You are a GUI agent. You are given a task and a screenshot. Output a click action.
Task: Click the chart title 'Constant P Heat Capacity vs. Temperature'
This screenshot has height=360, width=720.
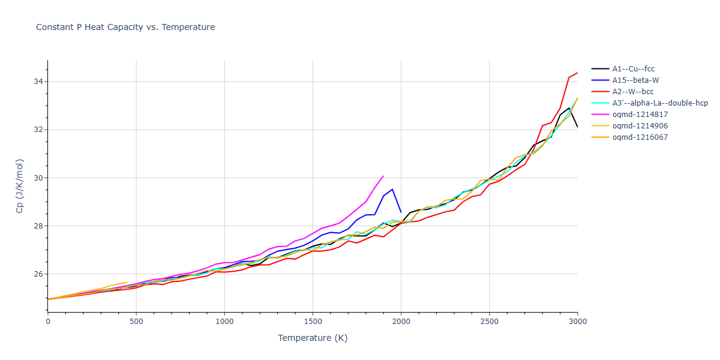pyautogui.click(x=125, y=27)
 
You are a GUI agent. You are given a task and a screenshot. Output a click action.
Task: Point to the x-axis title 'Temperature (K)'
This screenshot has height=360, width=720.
pyautogui.click(x=313, y=338)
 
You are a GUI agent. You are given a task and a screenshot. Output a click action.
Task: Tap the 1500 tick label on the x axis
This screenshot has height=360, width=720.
pyautogui.click(x=313, y=322)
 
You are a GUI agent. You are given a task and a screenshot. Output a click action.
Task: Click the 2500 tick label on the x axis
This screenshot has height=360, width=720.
pyautogui.click(x=489, y=322)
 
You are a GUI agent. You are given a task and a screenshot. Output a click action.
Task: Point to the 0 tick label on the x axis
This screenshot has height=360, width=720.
pyautogui.click(x=48, y=322)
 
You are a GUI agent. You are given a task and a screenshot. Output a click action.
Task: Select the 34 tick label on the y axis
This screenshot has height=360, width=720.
pyautogui.click(x=37, y=82)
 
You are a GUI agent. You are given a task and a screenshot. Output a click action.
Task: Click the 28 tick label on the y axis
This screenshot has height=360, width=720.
pyautogui.click(x=37, y=226)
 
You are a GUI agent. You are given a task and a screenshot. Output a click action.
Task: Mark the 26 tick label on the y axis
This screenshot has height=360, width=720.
pyautogui.click(x=37, y=274)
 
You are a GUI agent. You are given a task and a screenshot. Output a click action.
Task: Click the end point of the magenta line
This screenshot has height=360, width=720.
pyautogui.click(x=383, y=176)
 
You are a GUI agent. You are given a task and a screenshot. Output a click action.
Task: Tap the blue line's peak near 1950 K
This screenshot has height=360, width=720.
pyautogui.click(x=392, y=189)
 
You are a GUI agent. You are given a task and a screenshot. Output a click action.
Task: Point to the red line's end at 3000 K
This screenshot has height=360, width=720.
pyautogui.click(x=577, y=73)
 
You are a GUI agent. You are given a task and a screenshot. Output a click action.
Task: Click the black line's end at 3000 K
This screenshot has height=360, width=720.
pyautogui.click(x=577, y=127)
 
